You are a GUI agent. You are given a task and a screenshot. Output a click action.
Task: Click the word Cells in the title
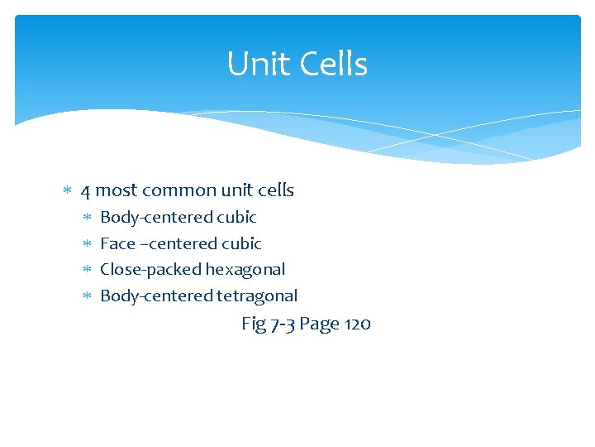click(330, 65)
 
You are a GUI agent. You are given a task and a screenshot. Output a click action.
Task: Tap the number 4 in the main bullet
click(85, 190)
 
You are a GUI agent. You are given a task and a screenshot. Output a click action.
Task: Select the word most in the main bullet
click(116, 190)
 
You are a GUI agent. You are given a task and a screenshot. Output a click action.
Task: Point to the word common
click(169, 190)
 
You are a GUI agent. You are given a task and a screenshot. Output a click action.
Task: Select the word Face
click(117, 243)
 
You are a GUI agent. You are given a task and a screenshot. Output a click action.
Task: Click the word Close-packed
click(150, 270)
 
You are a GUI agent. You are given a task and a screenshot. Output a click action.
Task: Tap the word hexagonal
click(245, 270)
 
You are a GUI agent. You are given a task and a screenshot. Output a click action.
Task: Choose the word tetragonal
click(257, 296)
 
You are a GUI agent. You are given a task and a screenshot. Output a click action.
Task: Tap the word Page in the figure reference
click(318, 324)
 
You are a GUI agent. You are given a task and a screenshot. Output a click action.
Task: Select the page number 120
click(357, 324)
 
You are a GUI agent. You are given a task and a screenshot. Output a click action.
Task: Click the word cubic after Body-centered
click(236, 217)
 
